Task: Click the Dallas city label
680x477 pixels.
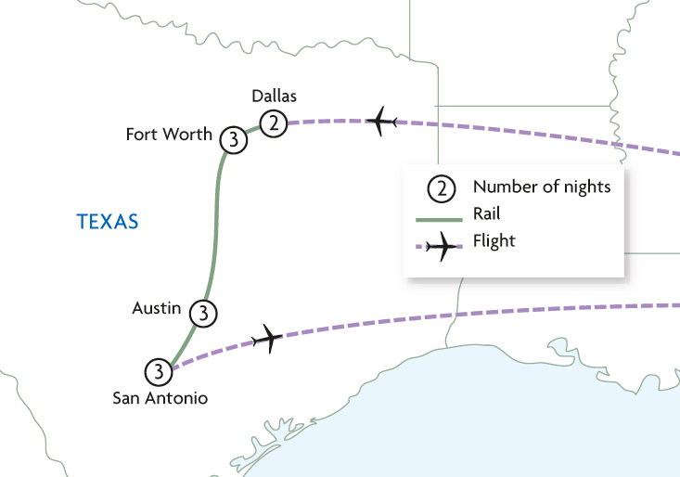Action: pos(274,97)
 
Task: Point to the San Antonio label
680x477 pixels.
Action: pos(160,398)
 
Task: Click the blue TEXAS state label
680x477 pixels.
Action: pos(108,222)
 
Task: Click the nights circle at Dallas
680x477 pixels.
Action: pos(273,122)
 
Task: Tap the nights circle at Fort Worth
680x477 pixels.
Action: pos(234,141)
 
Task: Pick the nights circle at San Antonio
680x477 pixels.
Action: pos(160,372)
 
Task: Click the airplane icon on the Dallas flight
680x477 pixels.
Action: pos(381,122)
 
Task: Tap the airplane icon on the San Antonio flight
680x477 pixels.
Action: pos(267,340)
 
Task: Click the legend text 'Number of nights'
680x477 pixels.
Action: pos(542,187)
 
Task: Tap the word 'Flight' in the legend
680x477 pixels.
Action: pos(494,241)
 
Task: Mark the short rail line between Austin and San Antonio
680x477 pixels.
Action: pos(184,343)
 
